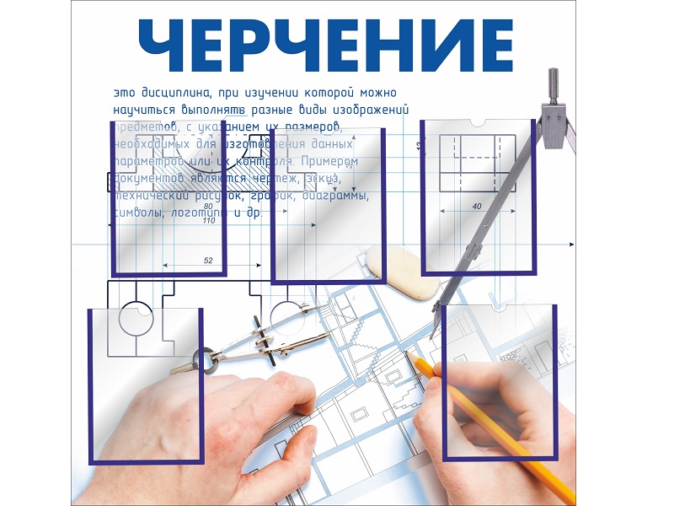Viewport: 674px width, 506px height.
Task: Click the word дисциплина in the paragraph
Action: [180, 92]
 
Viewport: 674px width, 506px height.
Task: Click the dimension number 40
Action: [476, 207]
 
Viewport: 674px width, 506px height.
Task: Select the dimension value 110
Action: [207, 220]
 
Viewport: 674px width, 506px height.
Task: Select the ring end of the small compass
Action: [201, 358]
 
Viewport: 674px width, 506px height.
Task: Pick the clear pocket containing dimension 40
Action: [478, 196]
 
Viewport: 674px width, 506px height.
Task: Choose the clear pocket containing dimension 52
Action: [169, 198]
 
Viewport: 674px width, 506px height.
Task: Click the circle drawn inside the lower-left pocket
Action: [133, 320]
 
